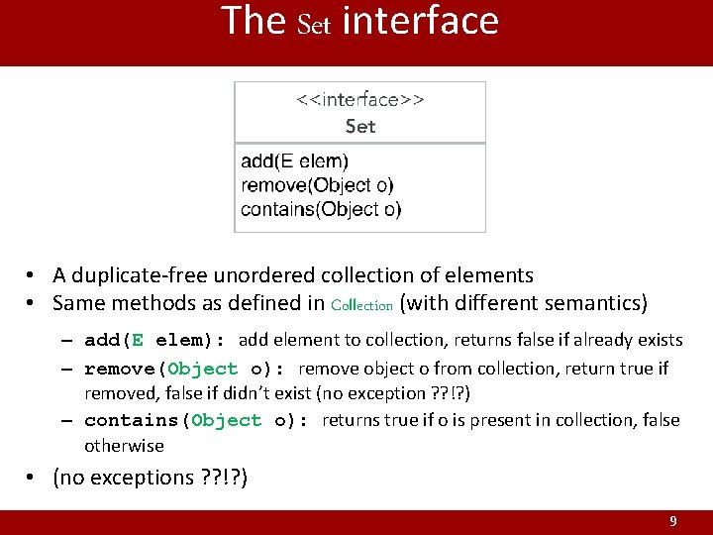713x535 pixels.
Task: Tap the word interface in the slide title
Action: pos(420,21)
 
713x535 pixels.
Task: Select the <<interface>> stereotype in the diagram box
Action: pos(360,99)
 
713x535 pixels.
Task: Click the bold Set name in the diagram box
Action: pos(360,126)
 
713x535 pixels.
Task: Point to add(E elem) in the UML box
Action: pos(295,160)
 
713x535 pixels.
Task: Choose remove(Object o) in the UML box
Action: pos(317,185)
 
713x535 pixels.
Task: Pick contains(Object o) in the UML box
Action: pos(321,209)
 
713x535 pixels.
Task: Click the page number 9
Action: pos(673,521)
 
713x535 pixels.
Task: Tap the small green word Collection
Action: pos(362,306)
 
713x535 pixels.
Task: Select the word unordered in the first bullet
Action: pos(252,275)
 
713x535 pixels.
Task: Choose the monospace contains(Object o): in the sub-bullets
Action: pos(197,420)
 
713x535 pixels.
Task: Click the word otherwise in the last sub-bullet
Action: pos(124,446)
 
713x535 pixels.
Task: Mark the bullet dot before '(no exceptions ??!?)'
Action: pos(33,478)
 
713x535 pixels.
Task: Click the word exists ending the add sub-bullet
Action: pos(656,341)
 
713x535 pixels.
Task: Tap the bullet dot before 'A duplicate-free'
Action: pos(33,275)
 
